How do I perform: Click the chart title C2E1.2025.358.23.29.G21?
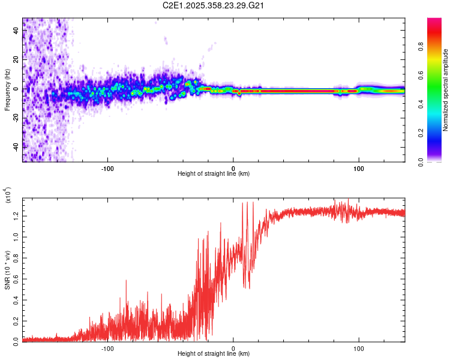coord(214,5)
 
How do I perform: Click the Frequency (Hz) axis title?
coord(7,89)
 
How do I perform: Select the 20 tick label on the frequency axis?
coord(17,60)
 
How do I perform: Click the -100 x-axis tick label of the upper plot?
coord(108,167)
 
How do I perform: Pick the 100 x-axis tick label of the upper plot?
coord(359,167)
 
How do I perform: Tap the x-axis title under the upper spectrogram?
coord(214,174)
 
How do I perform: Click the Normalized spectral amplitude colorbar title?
coord(445,90)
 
